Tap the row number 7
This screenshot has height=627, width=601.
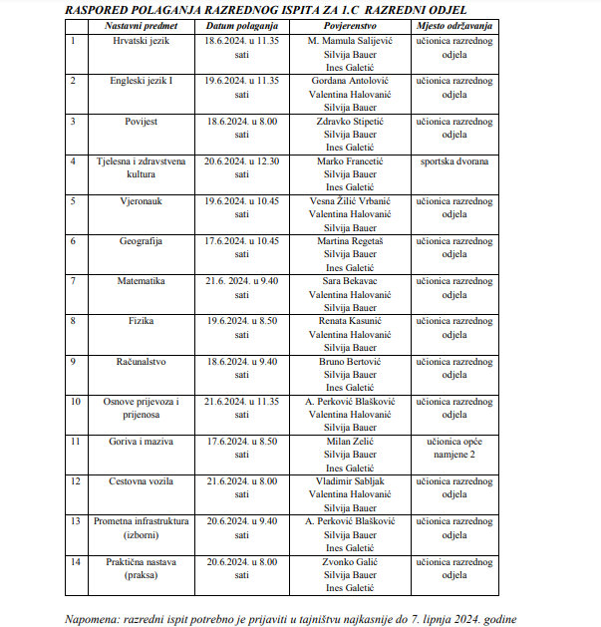pos(73,282)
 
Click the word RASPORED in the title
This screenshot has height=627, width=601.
pos(104,9)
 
